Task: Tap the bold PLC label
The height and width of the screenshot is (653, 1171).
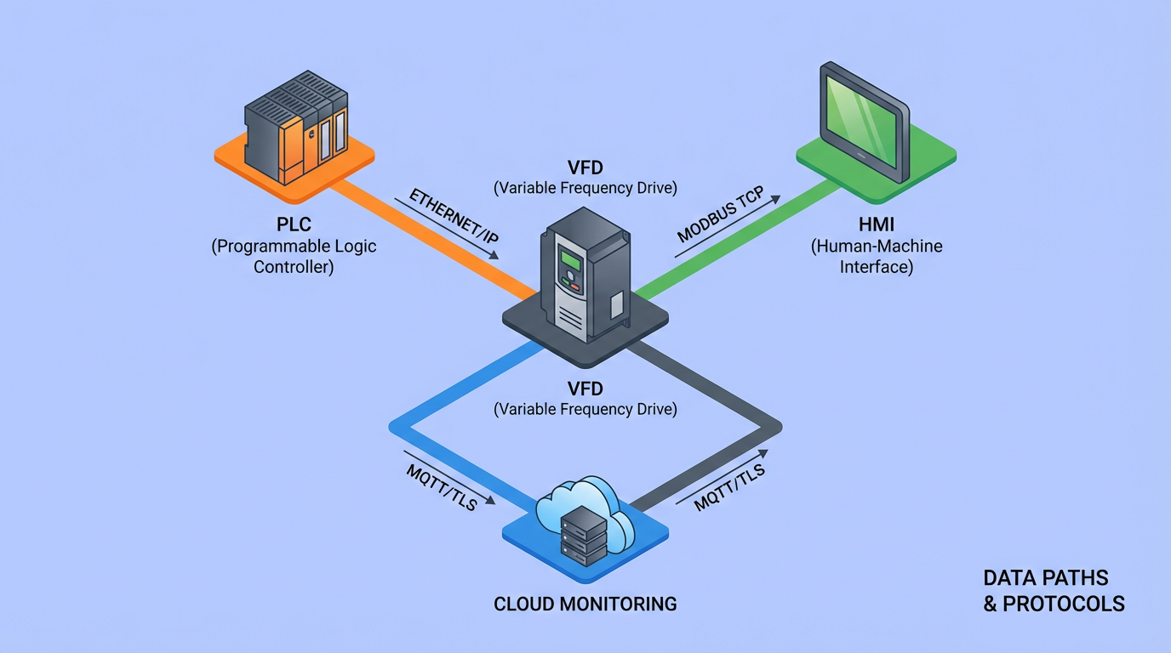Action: click(x=293, y=225)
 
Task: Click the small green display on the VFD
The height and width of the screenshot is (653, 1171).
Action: click(x=570, y=260)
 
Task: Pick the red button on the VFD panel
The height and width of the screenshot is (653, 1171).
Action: click(x=575, y=287)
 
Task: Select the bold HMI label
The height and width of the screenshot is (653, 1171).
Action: click(x=877, y=225)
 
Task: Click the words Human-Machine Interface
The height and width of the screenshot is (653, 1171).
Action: click(x=877, y=257)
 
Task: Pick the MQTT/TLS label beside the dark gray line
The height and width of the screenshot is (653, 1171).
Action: click(x=729, y=485)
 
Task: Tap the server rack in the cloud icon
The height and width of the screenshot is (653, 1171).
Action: click(x=584, y=535)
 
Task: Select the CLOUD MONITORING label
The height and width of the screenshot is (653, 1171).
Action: click(x=585, y=605)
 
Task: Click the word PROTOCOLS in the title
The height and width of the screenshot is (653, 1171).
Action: click(x=1064, y=605)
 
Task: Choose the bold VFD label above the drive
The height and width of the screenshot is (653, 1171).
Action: click(x=585, y=165)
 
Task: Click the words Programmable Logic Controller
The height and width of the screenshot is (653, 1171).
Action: click(x=293, y=257)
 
